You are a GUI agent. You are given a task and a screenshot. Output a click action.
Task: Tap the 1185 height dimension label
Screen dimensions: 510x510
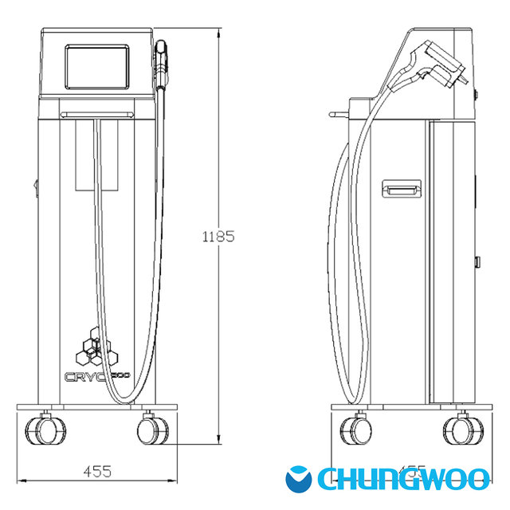(x=218, y=236)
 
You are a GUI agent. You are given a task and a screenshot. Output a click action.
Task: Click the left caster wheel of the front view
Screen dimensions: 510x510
(x=40, y=429)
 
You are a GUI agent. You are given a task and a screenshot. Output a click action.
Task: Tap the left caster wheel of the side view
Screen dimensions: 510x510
(x=355, y=429)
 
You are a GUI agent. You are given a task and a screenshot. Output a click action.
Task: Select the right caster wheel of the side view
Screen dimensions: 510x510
(x=460, y=429)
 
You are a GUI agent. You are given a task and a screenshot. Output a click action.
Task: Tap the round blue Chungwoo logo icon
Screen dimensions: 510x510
(x=300, y=478)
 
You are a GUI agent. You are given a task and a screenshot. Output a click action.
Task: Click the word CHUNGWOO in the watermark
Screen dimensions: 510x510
(x=402, y=478)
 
